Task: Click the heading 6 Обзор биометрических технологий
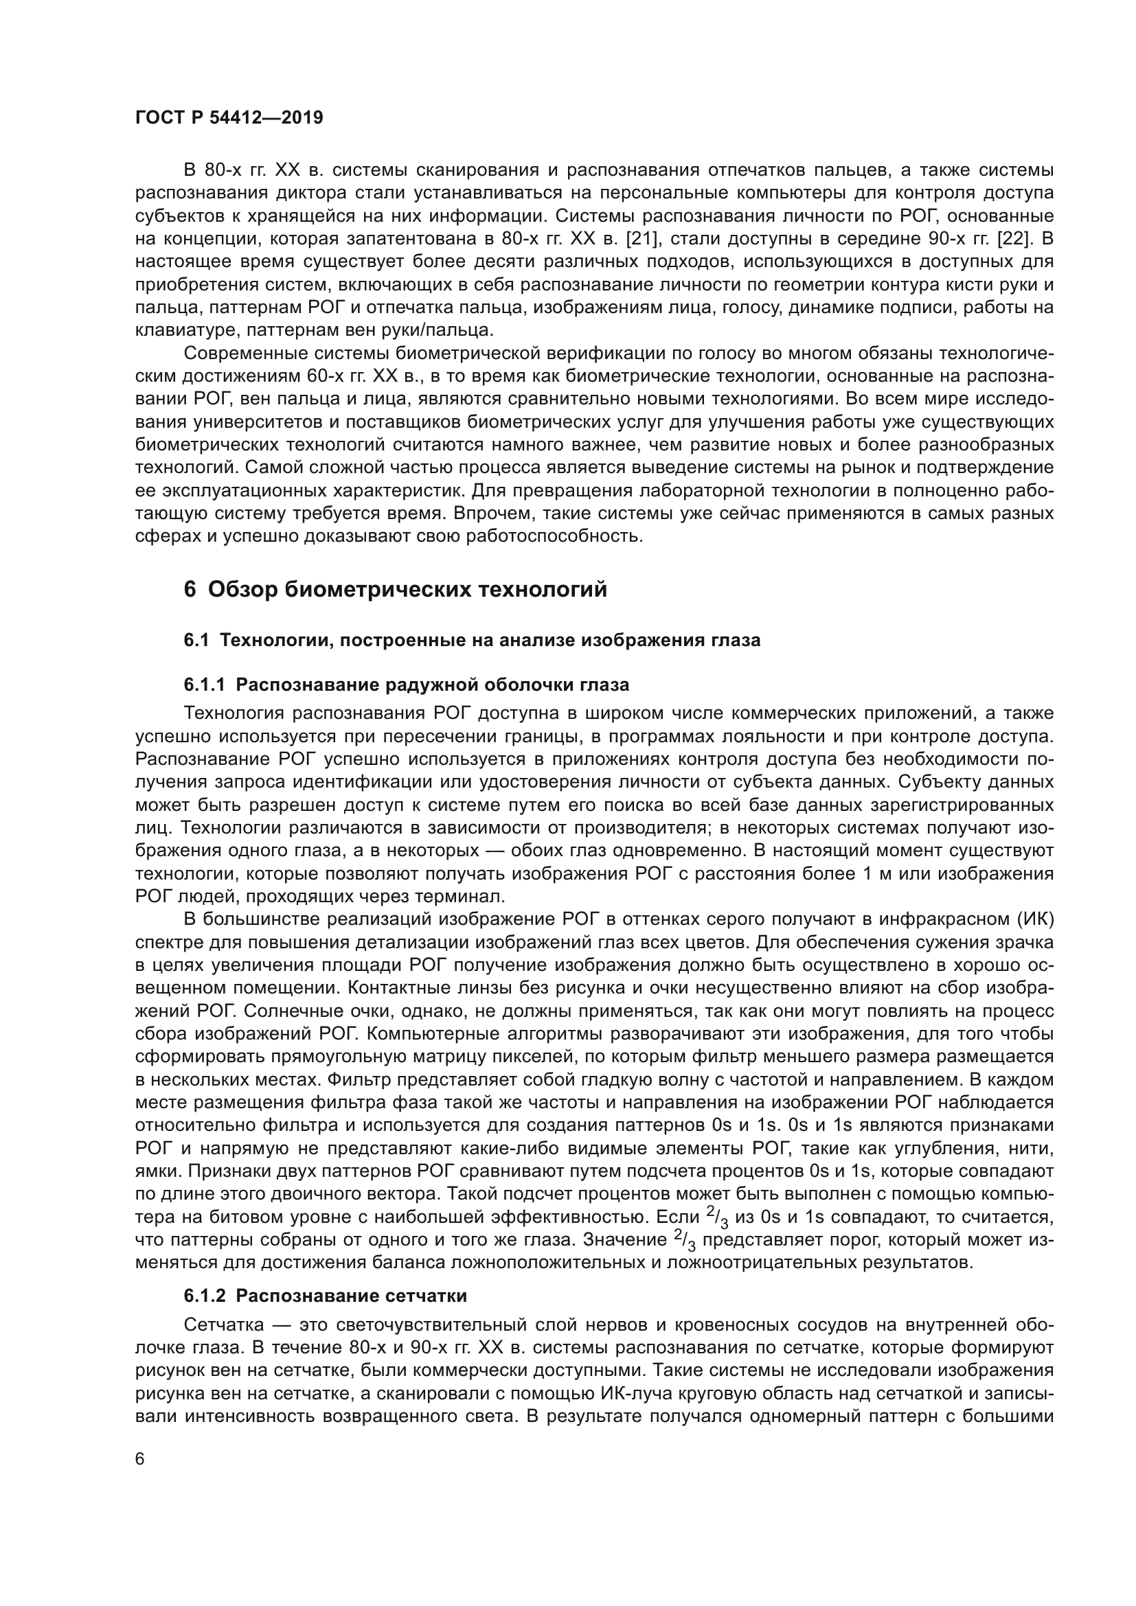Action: click(x=395, y=590)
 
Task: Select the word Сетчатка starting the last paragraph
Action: click(x=224, y=1324)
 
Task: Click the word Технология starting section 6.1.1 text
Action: click(x=233, y=713)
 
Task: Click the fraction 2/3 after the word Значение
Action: click(x=685, y=1241)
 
